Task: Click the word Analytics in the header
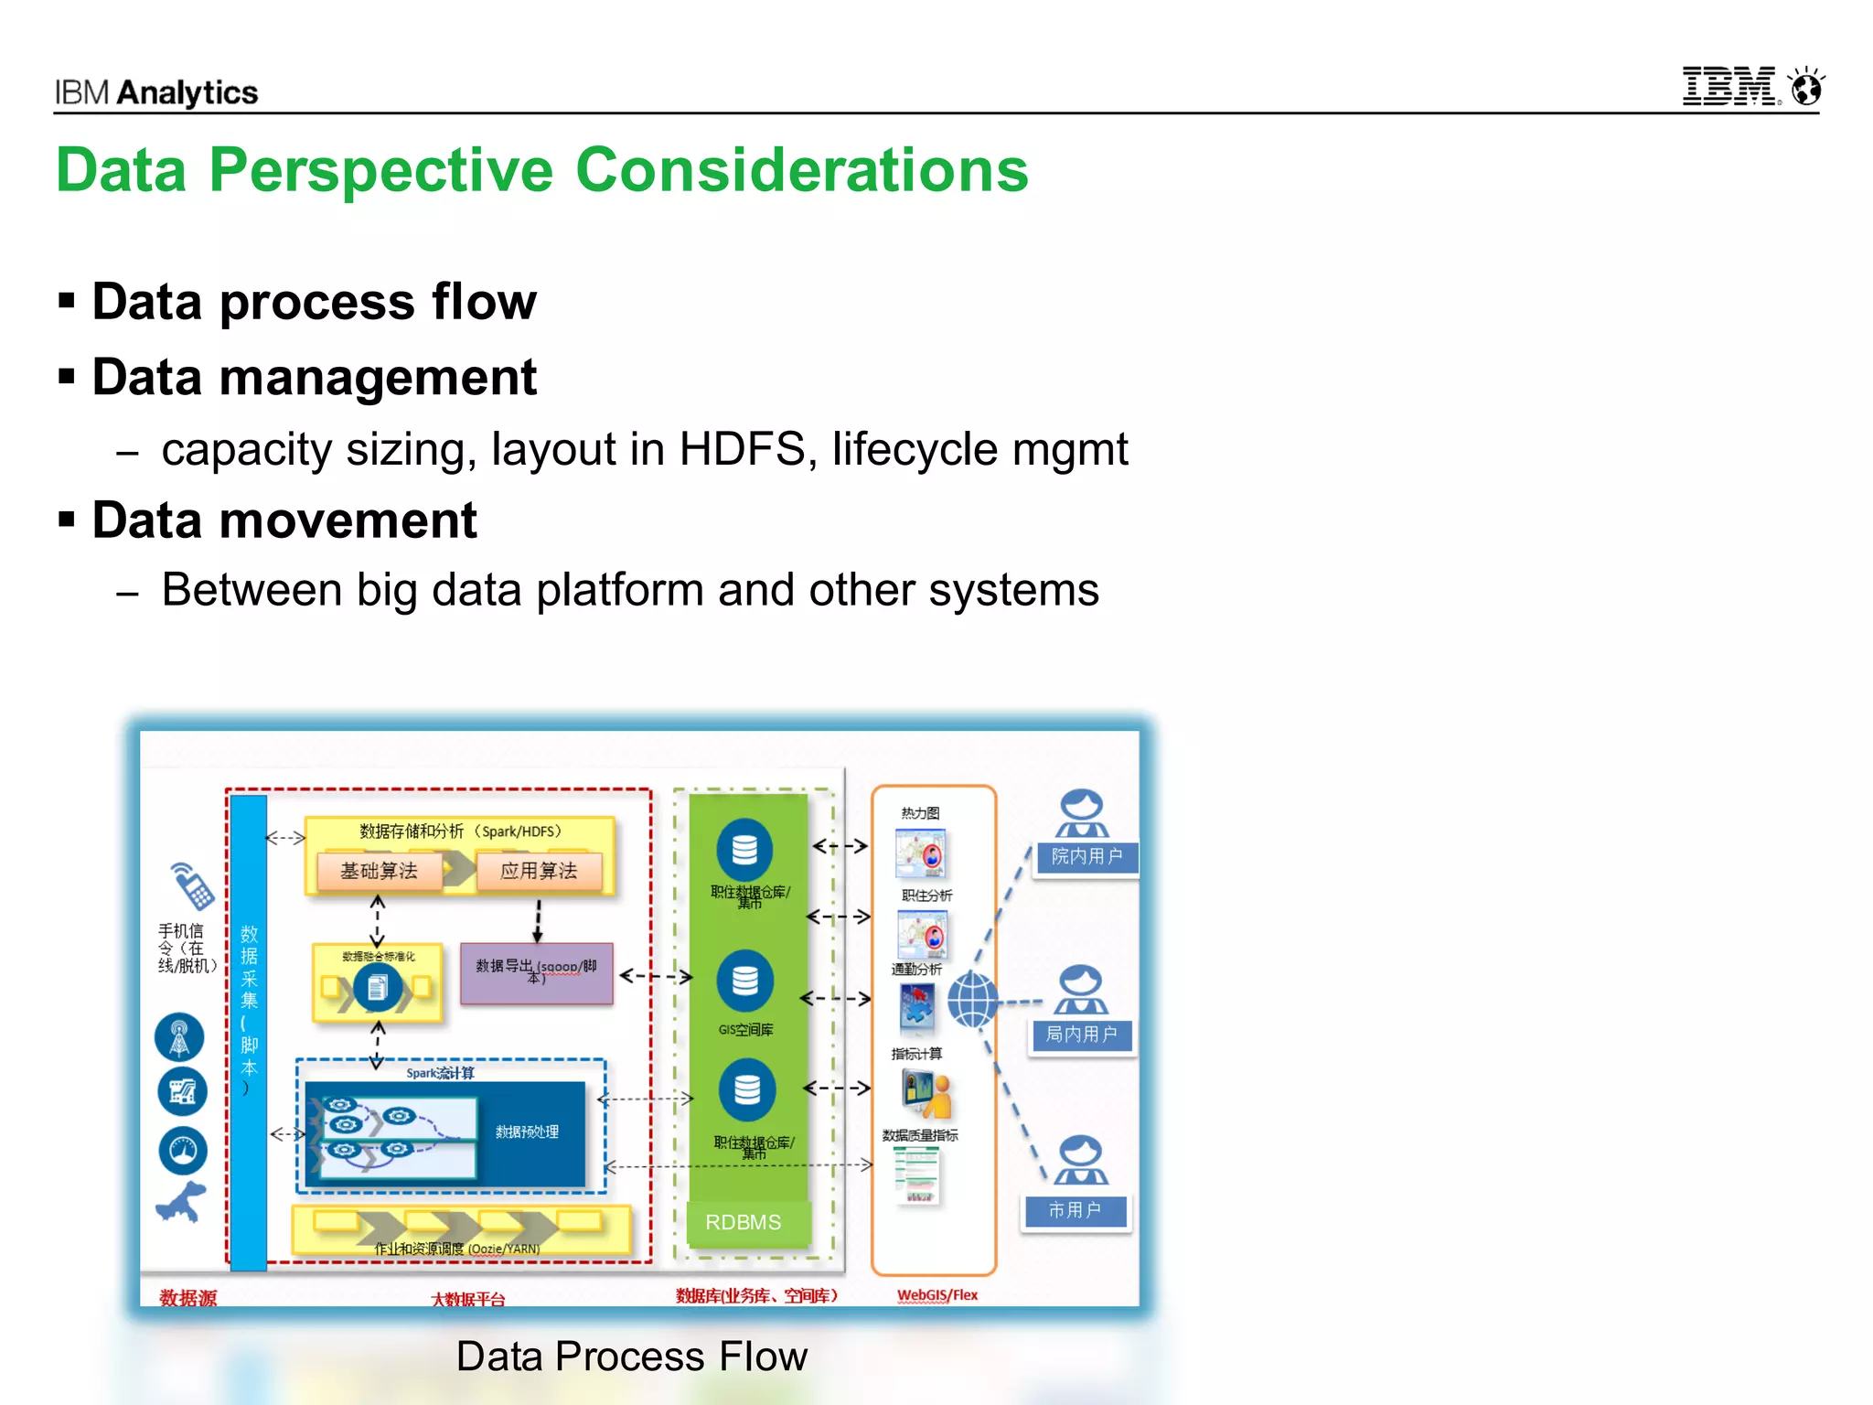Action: [x=187, y=92]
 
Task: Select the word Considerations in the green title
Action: [x=801, y=171]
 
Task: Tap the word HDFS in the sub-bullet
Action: [x=742, y=449]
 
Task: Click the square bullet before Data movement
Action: [x=66, y=520]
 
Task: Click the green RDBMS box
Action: [x=744, y=1222]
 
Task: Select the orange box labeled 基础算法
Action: [x=379, y=870]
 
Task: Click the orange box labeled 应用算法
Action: [x=539, y=870]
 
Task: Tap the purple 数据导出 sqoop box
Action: [x=537, y=972]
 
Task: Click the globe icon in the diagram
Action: [x=971, y=1000]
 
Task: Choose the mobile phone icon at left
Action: [x=192, y=885]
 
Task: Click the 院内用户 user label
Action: [x=1086, y=857]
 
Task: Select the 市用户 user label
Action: [x=1076, y=1211]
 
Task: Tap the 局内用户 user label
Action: [x=1081, y=1035]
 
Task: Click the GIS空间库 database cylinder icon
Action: [x=744, y=981]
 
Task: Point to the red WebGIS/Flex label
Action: [x=937, y=1295]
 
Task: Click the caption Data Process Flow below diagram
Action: [x=631, y=1357]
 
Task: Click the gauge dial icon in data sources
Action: [x=183, y=1150]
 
